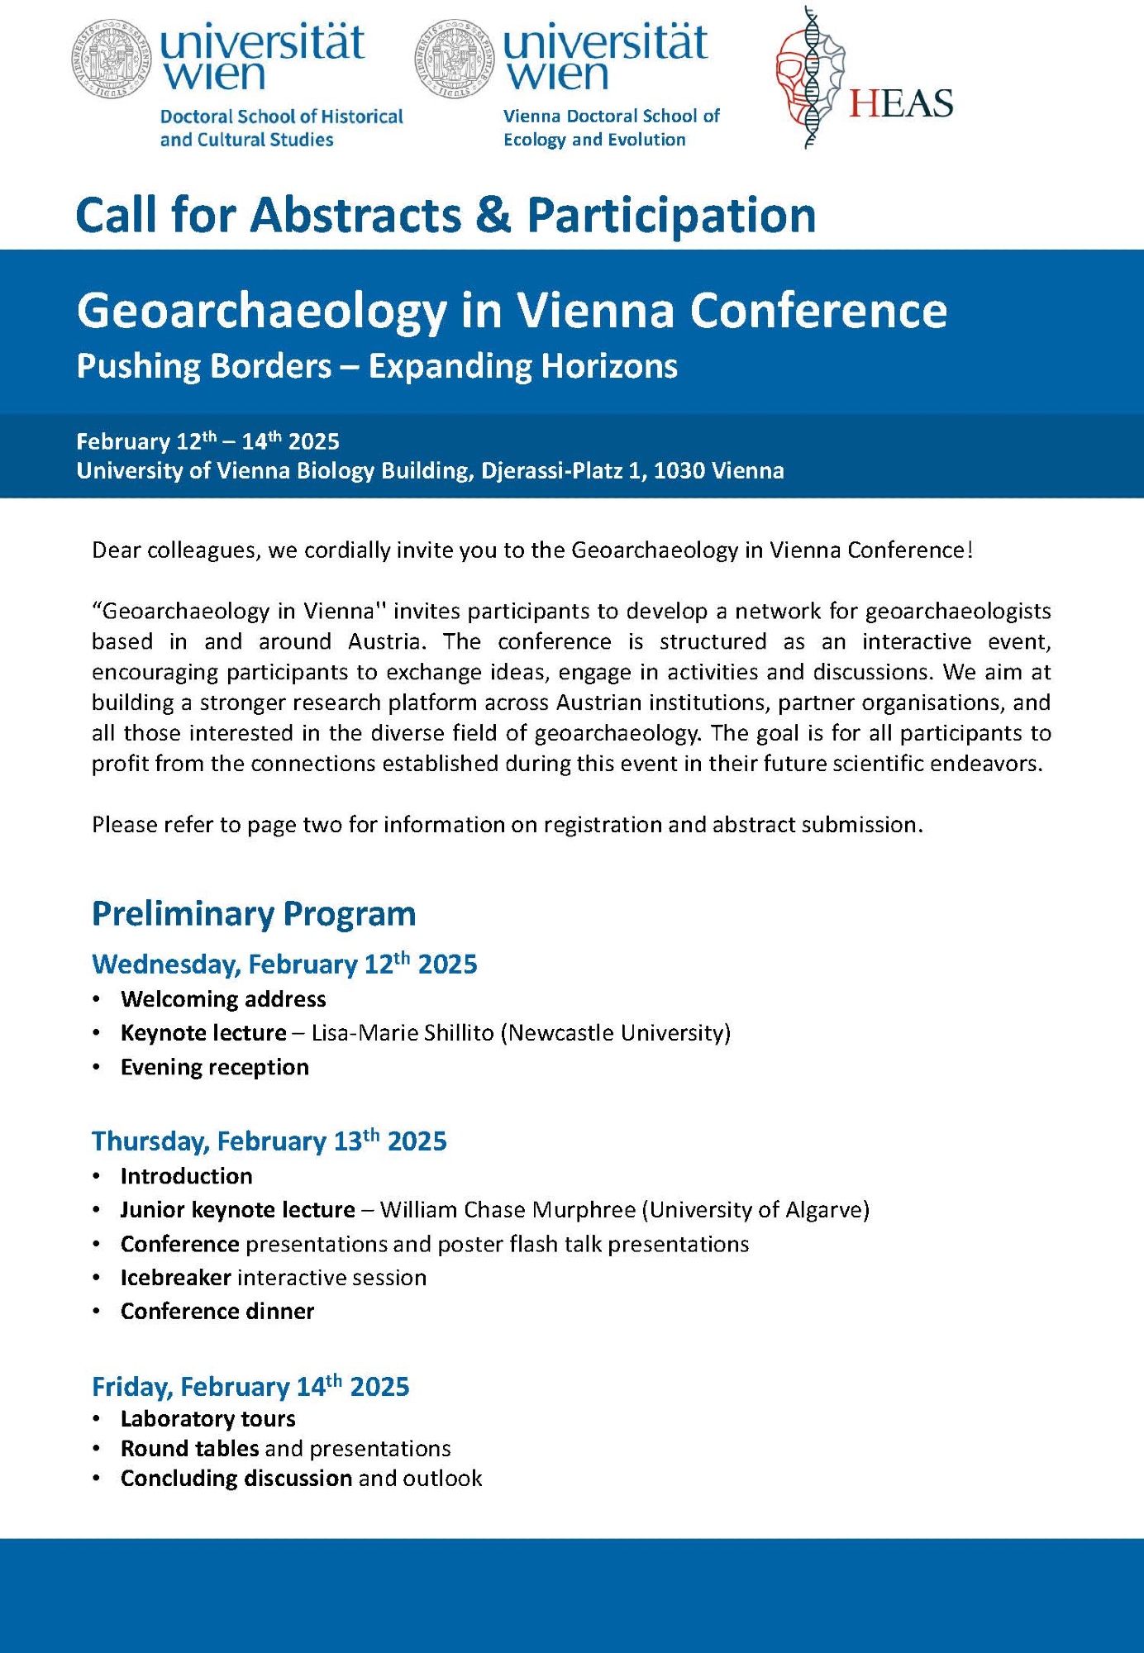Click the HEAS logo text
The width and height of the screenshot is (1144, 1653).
click(x=901, y=103)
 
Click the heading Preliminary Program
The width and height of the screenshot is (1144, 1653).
click(x=254, y=913)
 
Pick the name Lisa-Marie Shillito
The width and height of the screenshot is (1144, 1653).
click(x=402, y=1033)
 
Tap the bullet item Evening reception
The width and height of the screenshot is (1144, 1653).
click(x=215, y=1067)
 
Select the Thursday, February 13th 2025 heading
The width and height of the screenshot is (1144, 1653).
click(x=269, y=1141)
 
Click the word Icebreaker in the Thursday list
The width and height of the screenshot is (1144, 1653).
click(x=175, y=1278)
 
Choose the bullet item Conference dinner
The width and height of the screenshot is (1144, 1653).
click(x=217, y=1312)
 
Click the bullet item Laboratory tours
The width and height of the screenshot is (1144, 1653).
click(x=208, y=1419)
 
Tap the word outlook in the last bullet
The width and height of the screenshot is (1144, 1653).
click(x=444, y=1479)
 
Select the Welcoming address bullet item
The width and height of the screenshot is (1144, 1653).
click(x=223, y=999)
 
